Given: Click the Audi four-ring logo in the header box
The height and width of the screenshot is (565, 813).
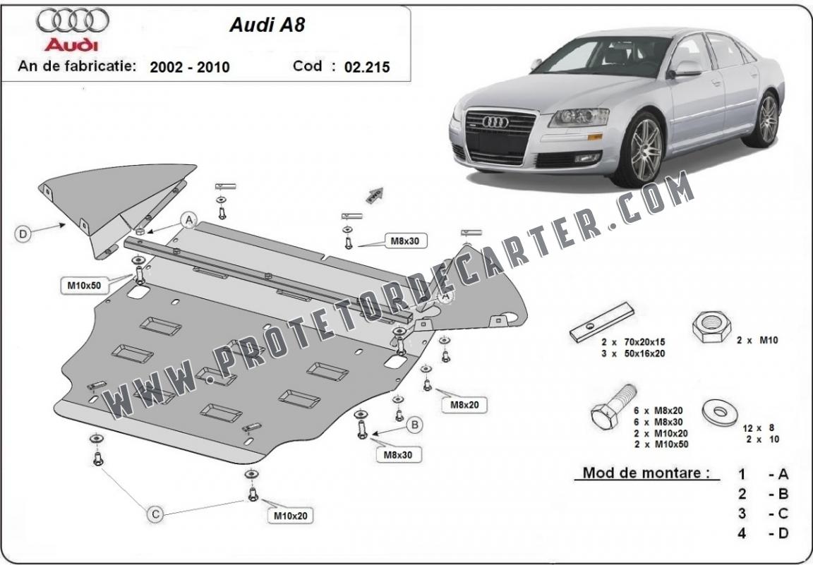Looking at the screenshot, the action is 73,20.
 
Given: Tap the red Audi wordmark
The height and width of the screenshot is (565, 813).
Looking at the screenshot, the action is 71,44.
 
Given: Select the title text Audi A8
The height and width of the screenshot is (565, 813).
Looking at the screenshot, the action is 267,25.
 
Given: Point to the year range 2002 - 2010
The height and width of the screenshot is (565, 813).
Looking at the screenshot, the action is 189,67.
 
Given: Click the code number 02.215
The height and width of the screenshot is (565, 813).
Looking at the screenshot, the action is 366,67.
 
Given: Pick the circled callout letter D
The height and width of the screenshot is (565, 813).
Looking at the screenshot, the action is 23,234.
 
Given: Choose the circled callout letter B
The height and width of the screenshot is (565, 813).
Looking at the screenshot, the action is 414,425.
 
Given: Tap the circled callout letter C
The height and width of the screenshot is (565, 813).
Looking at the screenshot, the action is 155,514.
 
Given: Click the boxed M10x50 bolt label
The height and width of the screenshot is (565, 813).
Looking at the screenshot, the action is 84,286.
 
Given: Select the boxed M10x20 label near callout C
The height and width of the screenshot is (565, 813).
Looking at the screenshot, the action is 290,516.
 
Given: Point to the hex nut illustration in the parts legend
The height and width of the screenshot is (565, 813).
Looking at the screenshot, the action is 711,327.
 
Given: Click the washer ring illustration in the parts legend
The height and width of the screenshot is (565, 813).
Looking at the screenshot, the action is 720,412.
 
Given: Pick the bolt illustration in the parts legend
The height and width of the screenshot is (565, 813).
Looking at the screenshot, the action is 613,406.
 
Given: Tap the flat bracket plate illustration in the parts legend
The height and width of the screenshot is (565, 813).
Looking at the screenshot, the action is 602,322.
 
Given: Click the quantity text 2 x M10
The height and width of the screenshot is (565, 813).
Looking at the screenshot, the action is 757,341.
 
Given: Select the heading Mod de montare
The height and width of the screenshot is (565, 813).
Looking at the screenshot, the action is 646,473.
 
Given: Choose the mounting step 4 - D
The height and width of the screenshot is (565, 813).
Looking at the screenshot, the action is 763,533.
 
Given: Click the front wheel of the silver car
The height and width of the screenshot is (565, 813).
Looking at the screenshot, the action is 643,150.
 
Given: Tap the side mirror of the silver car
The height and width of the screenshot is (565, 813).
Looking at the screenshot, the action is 685,69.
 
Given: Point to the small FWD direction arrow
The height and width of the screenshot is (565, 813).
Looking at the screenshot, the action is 375,195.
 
